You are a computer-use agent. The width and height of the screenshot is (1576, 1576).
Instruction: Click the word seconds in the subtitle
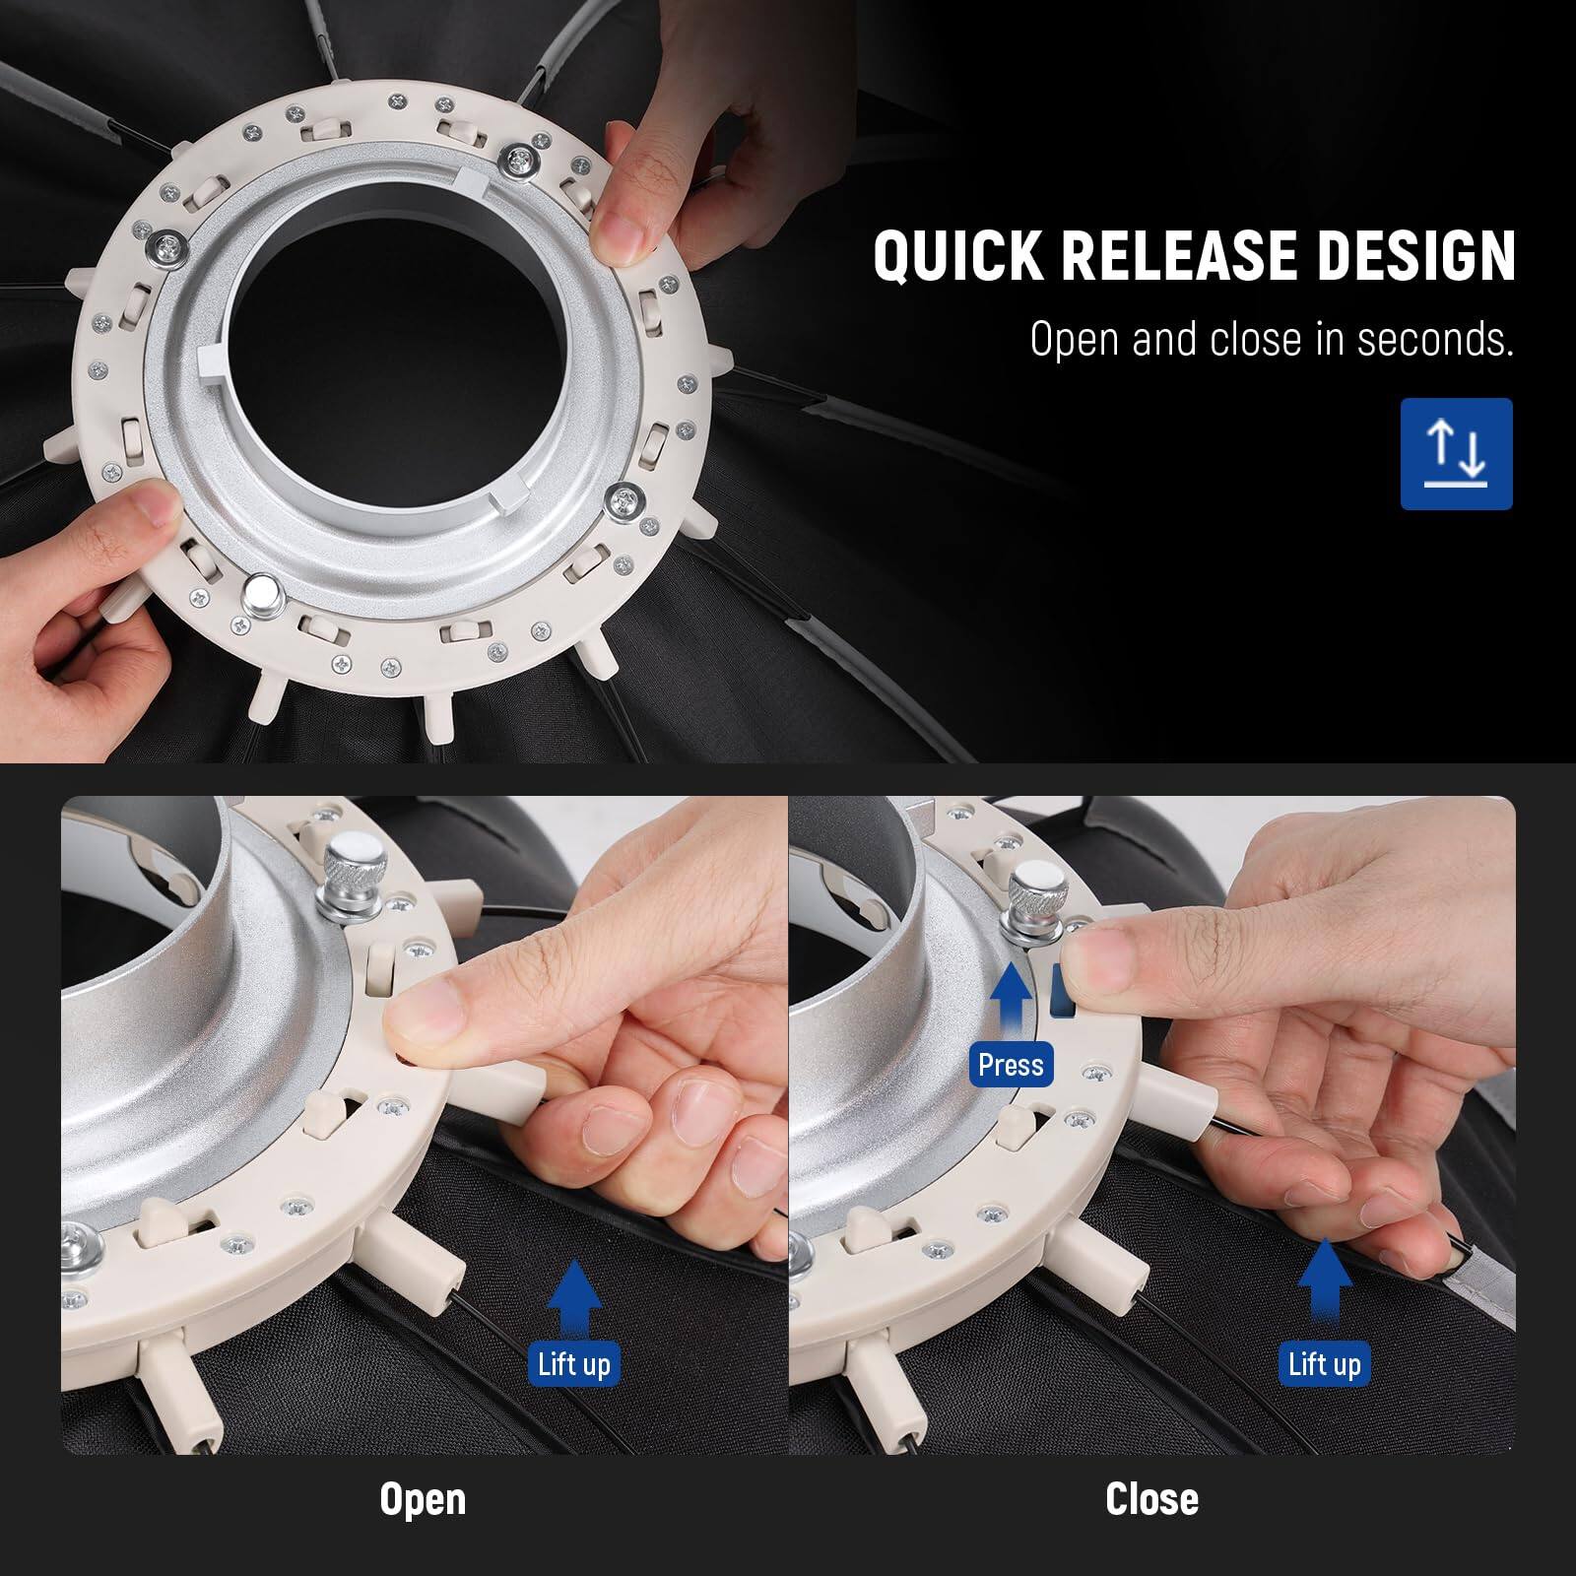(x=1434, y=340)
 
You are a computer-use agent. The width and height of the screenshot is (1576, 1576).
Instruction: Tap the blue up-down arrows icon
(x=1456, y=454)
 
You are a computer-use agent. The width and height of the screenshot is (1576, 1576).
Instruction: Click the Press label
(x=1011, y=1065)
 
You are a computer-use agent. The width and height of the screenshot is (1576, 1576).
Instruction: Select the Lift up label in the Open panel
(x=573, y=1364)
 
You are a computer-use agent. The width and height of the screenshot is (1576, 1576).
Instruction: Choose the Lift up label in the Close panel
(x=1324, y=1364)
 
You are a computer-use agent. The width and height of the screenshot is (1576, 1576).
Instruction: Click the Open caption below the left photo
(x=423, y=1499)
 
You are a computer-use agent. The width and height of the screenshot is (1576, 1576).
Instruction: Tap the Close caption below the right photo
(x=1151, y=1499)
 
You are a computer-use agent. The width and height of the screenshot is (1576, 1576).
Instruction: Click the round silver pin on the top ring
(x=263, y=594)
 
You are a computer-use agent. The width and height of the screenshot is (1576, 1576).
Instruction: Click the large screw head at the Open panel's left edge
(x=77, y=1235)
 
